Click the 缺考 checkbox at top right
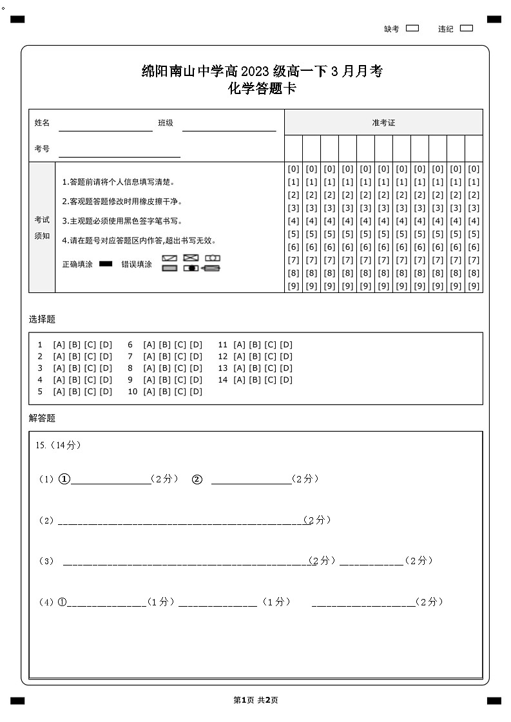pyautogui.click(x=412, y=28)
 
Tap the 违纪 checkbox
pyautogui.click(x=467, y=28)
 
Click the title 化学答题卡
pyautogui.click(x=262, y=89)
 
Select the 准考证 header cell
pyautogui.click(x=383, y=122)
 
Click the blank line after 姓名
pyautogui.click(x=106, y=126)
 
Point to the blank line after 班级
pyautogui.click(x=229, y=126)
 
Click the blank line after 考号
pyautogui.click(x=119, y=153)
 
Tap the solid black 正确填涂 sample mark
pyautogui.click(x=106, y=264)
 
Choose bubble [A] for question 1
pyautogui.click(x=59, y=345)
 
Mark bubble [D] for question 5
pyautogui.click(x=105, y=391)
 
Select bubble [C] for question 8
pyautogui.click(x=180, y=368)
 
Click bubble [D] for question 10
pyautogui.click(x=195, y=391)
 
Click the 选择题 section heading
pyautogui.click(x=42, y=319)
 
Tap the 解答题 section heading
pyautogui.click(x=42, y=418)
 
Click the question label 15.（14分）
pyautogui.click(x=59, y=445)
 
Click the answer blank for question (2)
pyautogui.click(x=180, y=520)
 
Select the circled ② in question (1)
pyautogui.click(x=197, y=479)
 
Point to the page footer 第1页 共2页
pyautogui.click(x=255, y=700)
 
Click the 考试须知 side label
pyautogui.click(x=42, y=227)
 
